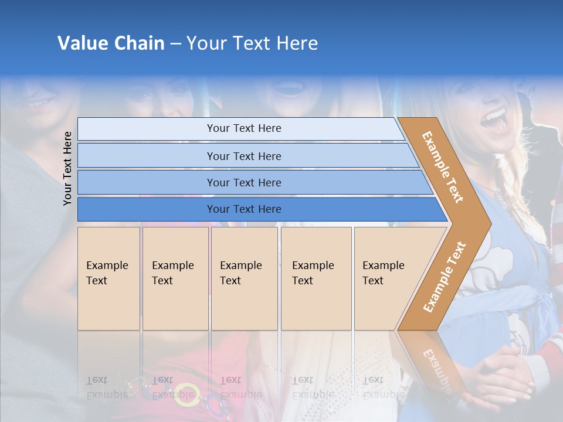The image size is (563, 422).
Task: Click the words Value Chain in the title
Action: [111, 43]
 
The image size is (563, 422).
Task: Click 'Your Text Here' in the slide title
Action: [252, 43]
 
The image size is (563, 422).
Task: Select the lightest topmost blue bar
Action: [243, 128]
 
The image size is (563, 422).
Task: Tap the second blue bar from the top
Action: [243, 156]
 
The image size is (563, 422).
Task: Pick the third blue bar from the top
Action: [243, 182]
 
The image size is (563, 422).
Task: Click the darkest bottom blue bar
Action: [243, 209]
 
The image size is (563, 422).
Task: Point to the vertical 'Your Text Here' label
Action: [67, 168]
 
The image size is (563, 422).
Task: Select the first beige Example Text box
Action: [108, 278]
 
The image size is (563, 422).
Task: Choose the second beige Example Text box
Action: [175, 278]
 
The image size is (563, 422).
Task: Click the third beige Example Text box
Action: [243, 278]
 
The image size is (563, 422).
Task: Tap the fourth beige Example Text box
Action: [316, 278]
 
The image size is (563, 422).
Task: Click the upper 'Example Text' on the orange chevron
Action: [443, 167]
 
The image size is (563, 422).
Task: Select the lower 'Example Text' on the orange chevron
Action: [444, 277]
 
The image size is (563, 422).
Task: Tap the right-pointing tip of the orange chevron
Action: [488, 223]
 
